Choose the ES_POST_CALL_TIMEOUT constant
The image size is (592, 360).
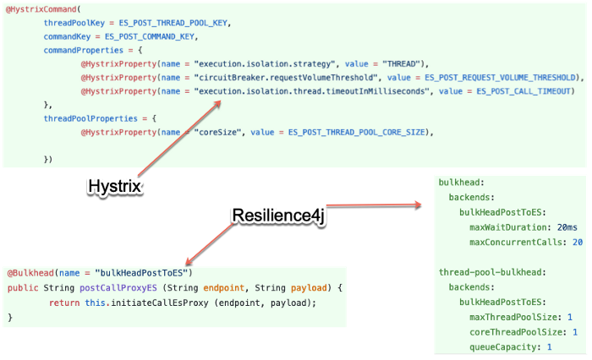coord(518,90)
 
